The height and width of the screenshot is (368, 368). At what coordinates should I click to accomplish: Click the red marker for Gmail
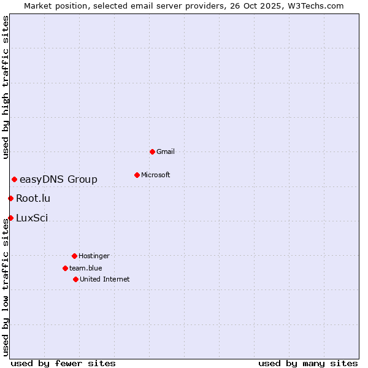[x=152, y=151]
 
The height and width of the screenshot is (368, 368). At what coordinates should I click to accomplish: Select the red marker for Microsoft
[x=137, y=175]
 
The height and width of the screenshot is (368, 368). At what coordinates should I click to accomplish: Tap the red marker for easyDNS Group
[x=14, y=179]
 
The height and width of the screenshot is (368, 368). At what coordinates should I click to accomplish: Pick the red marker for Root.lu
[x=10, y=198]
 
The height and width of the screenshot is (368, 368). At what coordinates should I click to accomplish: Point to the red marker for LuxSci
[x=10, y=218]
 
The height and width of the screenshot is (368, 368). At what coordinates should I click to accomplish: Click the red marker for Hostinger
[x=74, y=256]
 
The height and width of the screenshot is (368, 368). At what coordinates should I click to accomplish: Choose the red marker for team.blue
[x=65, y=268]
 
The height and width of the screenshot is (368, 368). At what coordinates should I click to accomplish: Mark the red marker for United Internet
[x=75, y=279]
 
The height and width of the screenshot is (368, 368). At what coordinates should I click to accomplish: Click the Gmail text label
[x=166, y=151]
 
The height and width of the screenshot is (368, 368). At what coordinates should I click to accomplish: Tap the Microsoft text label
[x=156, y=175]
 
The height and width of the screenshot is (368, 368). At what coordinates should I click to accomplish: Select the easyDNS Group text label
[x=58, y=179]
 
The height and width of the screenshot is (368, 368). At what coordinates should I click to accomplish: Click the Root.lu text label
[x=33, y=198]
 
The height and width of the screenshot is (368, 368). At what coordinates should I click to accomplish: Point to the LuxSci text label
[x=32, y=218]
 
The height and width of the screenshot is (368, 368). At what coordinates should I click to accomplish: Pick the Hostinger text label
[x=94, y=256]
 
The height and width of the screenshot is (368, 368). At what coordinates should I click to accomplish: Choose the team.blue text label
[x=86, y=268]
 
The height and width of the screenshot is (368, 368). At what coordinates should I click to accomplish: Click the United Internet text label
[x=105, y=279]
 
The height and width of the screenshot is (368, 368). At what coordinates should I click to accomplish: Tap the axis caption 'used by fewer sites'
[x=63, y=363]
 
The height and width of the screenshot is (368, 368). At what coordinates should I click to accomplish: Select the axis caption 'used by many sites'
[x=308, y=363]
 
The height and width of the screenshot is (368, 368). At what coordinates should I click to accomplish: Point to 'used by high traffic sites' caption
[x=6, y=87]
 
